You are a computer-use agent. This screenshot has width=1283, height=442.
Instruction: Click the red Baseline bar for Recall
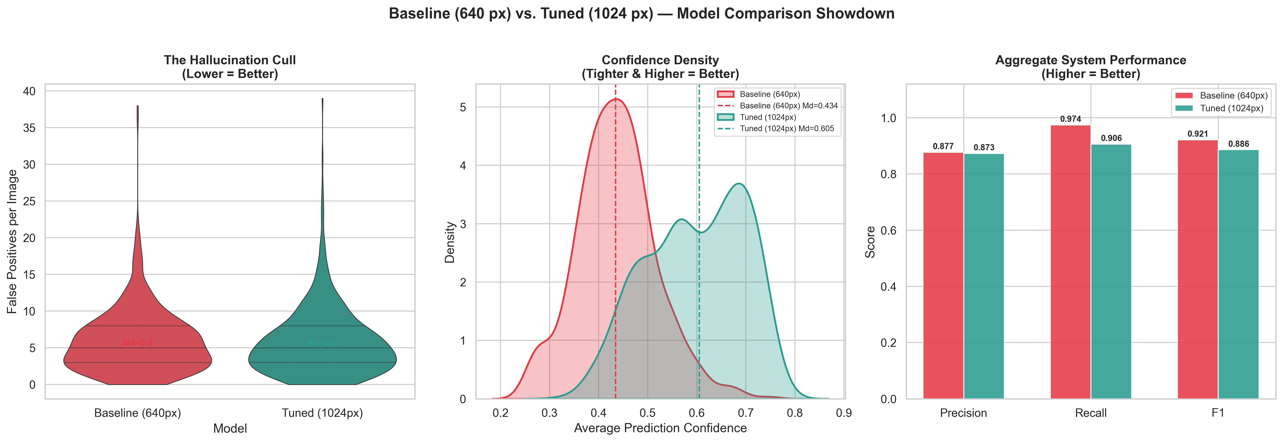[1070, 262]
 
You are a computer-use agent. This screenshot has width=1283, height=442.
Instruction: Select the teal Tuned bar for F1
[1238, 274]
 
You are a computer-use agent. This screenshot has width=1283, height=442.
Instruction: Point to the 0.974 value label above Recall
[1070, 119]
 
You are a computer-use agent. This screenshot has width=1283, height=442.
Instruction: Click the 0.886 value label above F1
[1238, 144]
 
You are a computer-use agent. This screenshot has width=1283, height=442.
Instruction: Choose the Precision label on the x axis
[963, 413]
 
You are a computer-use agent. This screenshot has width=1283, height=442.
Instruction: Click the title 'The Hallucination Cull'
[230, 60]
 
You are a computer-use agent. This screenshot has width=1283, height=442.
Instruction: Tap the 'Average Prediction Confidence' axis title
[660, 428]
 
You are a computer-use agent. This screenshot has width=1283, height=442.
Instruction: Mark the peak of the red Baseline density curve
[616, 99]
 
